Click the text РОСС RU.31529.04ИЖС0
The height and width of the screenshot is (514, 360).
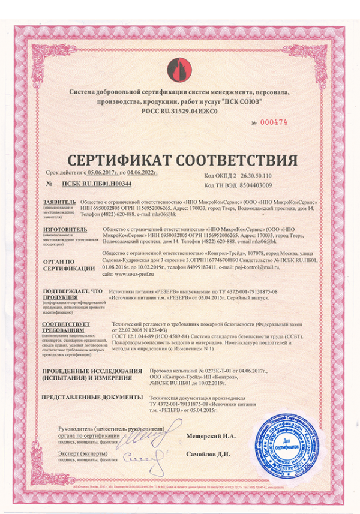(179, 110)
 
